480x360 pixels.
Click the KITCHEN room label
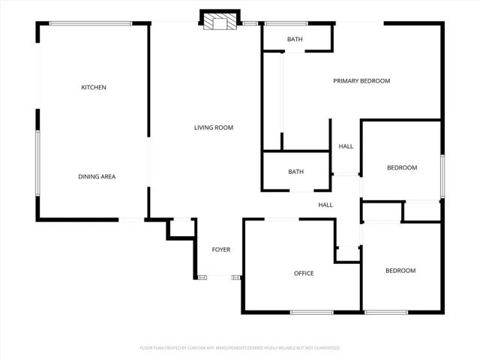(x=94, y=88)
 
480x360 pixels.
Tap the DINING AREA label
(x=97, y=177)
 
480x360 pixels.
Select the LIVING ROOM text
(x=214, y=128)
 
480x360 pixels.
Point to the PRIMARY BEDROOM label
(x=361, y=81)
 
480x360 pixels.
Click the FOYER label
(x=221, y=250)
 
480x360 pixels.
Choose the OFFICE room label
(x=304, y=273)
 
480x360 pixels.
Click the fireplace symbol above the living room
(x=220, y=22)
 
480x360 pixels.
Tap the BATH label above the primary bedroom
(x=295, y=39)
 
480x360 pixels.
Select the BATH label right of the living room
(x=296, y=172)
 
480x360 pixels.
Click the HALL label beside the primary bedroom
(x=346, y=146)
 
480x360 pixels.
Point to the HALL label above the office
(x=325, y=205)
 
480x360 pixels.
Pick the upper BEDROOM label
(x=401, y=167)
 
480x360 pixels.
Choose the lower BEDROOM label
(x=400, y=271)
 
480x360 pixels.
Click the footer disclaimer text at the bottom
(x=240, y=348)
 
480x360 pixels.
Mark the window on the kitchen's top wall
(x=91, y=23)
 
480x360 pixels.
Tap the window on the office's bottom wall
(x=311, y=312)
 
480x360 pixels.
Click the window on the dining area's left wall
(x=37, y=163)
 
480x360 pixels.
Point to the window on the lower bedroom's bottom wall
(x=386, y=312)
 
